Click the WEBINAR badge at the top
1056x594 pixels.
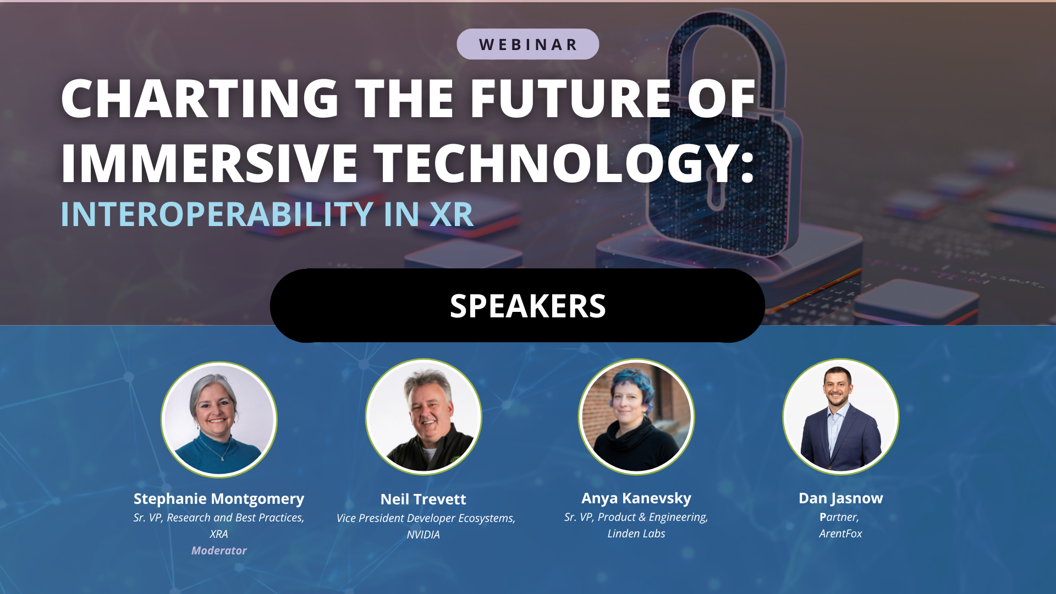527,44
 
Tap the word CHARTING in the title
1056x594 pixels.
200,98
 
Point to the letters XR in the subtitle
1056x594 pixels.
451,214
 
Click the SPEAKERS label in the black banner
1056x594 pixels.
527,306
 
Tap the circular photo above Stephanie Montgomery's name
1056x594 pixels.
219,420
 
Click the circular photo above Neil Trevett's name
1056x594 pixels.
424,417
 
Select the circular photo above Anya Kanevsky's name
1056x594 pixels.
636,417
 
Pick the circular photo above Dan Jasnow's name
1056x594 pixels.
841,417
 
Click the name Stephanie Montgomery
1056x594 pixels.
219,499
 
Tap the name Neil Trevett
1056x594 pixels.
424,499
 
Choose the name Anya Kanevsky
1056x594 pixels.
636,498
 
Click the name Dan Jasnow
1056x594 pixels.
841,498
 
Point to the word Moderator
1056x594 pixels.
219,551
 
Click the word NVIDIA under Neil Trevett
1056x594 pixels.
424,535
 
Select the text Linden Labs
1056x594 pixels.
636,533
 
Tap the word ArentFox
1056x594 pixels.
841,533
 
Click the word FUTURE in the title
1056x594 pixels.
570,98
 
